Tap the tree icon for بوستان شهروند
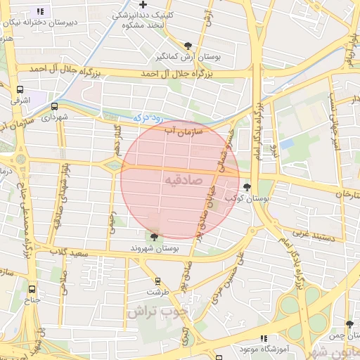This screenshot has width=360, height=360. point(154,237)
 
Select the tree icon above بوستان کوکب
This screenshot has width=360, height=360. point(247,187)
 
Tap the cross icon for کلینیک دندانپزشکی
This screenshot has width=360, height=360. point(143,4)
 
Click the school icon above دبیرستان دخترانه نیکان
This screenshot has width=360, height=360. point(40,11)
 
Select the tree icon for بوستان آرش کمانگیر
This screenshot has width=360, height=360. point(187,45)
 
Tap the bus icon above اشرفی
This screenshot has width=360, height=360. point(20,90)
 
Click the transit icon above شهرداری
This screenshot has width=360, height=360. point(54,106)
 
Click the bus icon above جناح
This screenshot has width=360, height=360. point(32,288)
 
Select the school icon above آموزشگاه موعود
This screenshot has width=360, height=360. point(264,338)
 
